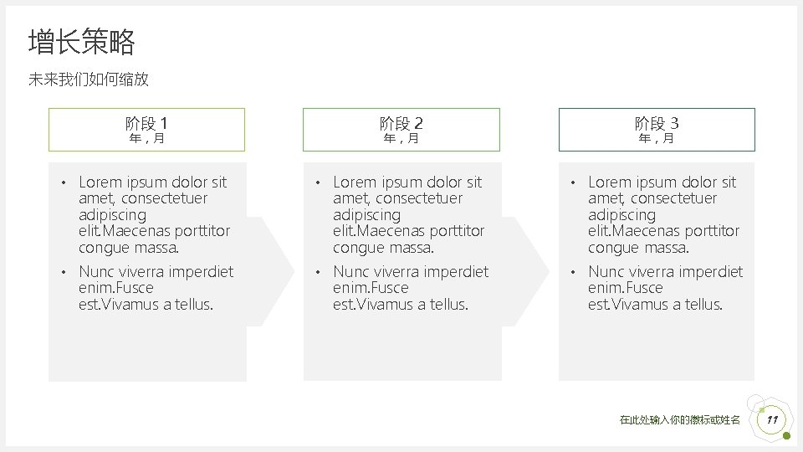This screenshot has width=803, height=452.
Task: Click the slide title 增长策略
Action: (x=81, y=42)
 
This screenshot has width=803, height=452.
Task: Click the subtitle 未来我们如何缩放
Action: (x=89, y=80)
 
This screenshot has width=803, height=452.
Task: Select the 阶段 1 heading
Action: (x=146, y=123)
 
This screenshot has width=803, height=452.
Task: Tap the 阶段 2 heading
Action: (x=401, y=123)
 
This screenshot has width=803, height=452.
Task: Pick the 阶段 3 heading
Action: (x=657, y=123)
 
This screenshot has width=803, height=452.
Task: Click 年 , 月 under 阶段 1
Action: (x=146, y=138)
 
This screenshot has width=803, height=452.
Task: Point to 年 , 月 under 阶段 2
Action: (x=401, y=138)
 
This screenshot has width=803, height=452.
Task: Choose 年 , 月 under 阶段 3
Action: (x=657, y=138)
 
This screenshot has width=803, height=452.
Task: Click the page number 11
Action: (x=772, y=419)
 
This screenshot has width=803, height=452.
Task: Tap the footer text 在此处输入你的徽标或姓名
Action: (x=679, y=420)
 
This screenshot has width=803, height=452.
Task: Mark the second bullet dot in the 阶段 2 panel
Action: (x=317, y=272)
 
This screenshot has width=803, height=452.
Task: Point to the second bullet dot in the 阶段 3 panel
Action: (x=572, y=272)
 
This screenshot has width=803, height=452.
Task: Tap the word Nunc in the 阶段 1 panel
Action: (x=95, y=271)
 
